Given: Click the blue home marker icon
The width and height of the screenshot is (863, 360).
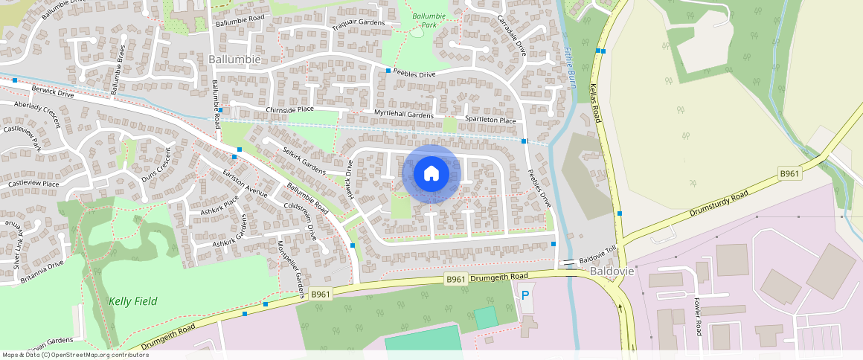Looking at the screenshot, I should tap(431, 174).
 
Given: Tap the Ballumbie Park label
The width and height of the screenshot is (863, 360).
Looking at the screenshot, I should tap(429, 20).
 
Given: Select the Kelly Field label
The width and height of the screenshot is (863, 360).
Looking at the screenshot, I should tap(132, 300).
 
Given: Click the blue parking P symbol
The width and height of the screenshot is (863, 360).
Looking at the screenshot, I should tap(525, 295).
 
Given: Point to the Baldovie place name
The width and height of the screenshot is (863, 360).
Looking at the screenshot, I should tap(612, 271).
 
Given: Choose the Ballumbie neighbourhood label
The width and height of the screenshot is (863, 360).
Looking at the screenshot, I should tap(234, 59).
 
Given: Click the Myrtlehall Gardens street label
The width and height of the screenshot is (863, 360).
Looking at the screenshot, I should tap(403, 115).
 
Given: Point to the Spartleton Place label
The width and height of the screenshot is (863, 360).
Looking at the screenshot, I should tap(490, 120).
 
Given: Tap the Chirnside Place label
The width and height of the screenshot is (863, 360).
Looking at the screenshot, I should tap(290, 109).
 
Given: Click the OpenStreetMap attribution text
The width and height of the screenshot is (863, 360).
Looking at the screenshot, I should tap(75, 355).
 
